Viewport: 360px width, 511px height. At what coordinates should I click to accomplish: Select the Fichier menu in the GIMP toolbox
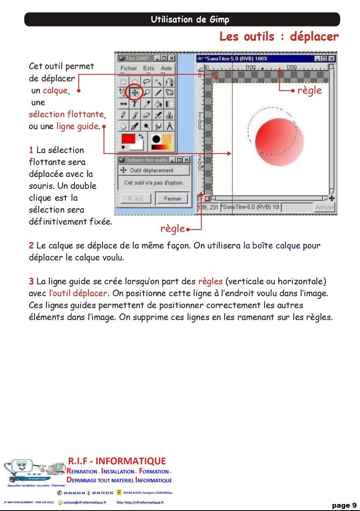(128, 68)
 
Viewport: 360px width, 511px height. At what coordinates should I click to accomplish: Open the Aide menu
(166, 68)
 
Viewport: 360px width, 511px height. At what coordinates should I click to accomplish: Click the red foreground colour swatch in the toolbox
(128, 139)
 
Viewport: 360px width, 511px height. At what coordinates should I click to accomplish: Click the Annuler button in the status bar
(325, 207)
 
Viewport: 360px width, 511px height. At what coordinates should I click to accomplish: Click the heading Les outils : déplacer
(279, 37)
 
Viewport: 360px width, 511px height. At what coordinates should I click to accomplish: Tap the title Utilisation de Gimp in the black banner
(190, 19)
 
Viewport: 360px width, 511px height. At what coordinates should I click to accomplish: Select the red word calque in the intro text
(55, 91)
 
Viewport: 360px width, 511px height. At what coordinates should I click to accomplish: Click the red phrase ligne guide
(78, 126)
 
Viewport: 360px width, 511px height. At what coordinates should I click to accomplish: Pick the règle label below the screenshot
(173, 229)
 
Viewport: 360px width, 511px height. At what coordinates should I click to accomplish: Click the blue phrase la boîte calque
(272, 246)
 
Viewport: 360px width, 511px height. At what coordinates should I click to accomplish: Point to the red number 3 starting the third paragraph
(31, 282)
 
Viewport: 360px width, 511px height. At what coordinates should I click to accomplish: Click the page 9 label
(344, 505)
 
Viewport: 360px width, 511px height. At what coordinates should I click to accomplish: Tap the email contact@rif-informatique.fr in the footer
(85, 502)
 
